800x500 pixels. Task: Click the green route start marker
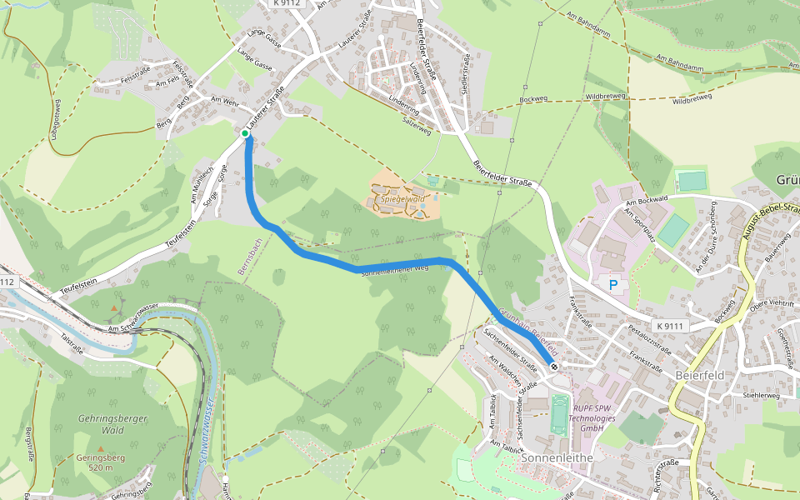tap(245, 133)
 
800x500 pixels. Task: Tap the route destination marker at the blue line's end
tap(554, 367)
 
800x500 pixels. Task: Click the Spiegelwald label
tap(403, 200)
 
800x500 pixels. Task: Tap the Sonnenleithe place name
tap(556, 458)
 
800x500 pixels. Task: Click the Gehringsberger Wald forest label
tap(112, 424)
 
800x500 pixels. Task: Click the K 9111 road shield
tap(669, 325)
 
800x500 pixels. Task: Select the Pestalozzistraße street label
tap(649, 341)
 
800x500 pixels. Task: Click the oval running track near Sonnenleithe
tap(558, 414)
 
